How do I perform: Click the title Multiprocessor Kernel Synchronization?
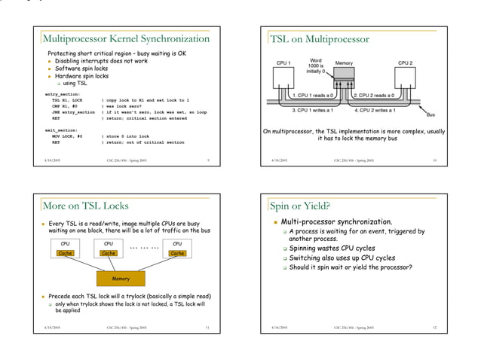[126, 38]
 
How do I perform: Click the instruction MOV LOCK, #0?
[67, 136]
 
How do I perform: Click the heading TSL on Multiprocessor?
[320, 39]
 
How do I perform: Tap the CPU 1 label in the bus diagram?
[284, 63]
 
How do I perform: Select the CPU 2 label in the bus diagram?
[406, 63]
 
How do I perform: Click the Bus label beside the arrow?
[430, 115]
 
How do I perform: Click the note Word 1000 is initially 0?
[316, 66]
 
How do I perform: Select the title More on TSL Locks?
[85, 205]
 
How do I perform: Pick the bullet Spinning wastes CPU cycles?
[332, 249]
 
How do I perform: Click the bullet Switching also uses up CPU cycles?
[343, 258]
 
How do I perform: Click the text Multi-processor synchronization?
[336, 222]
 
